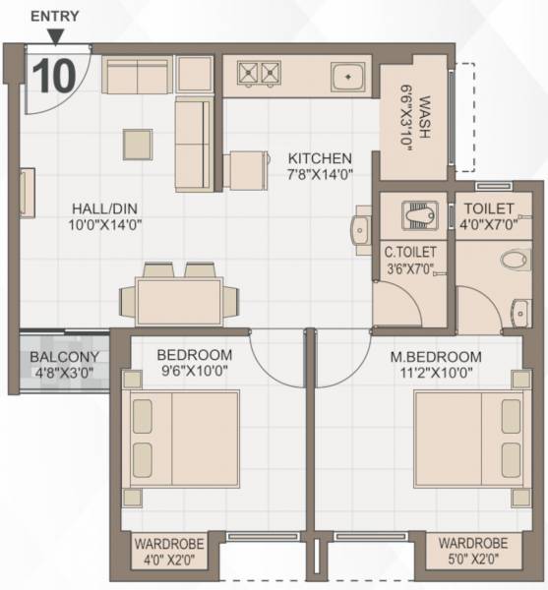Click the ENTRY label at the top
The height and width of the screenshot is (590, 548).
[56, 16]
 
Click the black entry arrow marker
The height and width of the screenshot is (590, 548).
[56, 36]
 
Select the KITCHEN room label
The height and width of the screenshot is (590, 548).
[320, 158]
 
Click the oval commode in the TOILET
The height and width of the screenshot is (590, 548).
[514, 261]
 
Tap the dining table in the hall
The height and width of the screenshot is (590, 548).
[177, 297]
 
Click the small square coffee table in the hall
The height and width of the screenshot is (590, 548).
[139, 145]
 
